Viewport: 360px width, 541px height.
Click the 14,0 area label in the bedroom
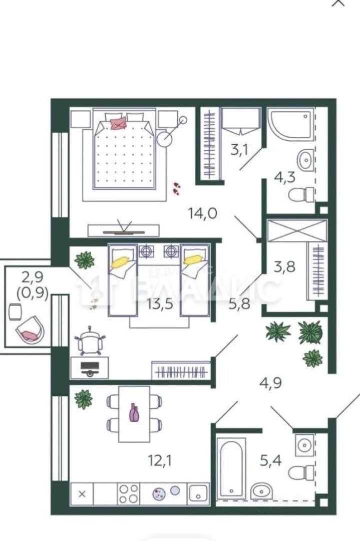203,213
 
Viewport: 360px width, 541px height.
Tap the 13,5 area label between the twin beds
159,305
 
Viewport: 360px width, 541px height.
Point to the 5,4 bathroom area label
271,460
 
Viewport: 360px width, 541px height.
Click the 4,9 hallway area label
271,383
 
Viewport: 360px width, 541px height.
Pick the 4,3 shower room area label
284,177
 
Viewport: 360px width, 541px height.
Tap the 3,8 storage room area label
284,266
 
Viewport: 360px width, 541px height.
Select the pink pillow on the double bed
118,123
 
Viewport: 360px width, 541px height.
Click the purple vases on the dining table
134,413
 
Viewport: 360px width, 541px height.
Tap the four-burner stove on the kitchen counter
128,494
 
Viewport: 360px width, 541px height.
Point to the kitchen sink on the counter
198,493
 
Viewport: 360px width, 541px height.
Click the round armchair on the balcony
31,330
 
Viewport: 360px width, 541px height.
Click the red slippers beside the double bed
177,188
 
